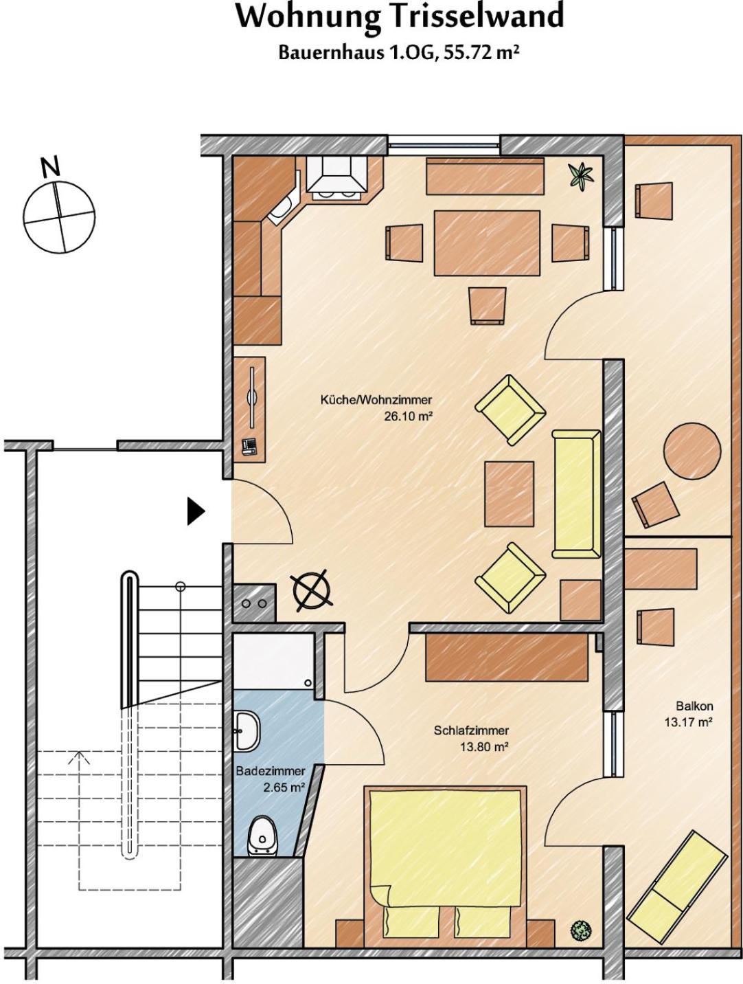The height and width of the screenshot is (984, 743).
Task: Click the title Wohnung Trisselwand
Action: [x=399, y=18]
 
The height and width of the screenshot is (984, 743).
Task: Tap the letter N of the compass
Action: [x=51, y=167]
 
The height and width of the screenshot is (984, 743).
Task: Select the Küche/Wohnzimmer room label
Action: [x=376, y=399]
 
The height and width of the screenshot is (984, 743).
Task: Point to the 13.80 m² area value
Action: [x=483, y=746]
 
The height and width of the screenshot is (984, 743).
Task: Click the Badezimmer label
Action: [x=271, y=771]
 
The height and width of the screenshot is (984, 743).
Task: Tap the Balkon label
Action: [x=695, y=706]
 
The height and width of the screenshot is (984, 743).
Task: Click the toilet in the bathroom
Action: [x=262, y=836]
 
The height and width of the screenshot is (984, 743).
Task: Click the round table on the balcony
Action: [x=692, y=449]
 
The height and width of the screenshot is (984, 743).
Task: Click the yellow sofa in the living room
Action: [x=577, y=494]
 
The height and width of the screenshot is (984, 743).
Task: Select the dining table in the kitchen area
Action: [x=487, y=243]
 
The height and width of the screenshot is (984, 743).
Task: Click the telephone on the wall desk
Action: [x=249, y=447]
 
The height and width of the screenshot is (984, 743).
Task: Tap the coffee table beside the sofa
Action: [x=510, y=493]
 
